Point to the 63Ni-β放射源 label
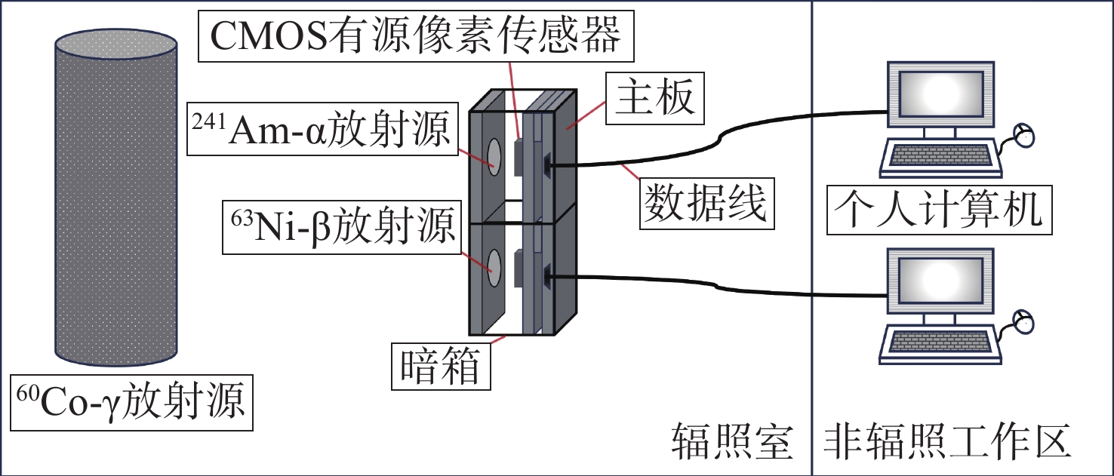click(x=340, y=226)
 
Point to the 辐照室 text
click(x=731, y=442)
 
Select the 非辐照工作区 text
click(x=946, y=442)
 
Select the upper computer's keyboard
click(x=939, y=155)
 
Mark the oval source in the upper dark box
click(x=494, y=156)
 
